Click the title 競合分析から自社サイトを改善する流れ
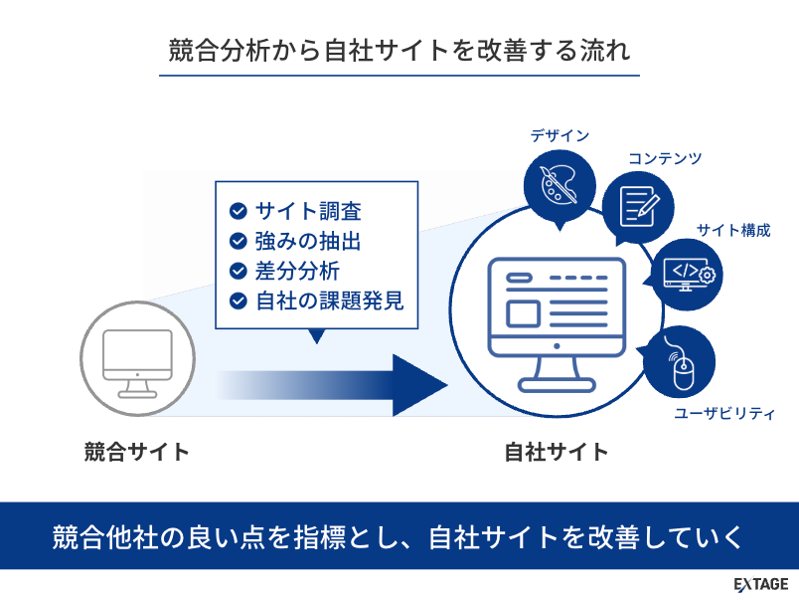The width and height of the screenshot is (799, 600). pos(399,51)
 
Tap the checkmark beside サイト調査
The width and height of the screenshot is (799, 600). pos(238,211)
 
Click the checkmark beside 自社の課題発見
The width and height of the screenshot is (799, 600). pos(238,300)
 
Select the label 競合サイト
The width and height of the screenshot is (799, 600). pos(137,453)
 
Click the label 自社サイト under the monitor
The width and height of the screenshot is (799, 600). pos(557,453)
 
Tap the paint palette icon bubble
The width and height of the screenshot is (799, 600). pos(559,185)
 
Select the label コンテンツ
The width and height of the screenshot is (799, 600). pos(665,158)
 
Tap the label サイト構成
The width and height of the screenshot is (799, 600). pos(733,231)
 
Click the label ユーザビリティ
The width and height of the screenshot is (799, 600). pos(724,413)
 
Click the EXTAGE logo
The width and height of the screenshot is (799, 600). pos(760,583)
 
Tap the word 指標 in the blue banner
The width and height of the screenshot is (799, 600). pos(320,536)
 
